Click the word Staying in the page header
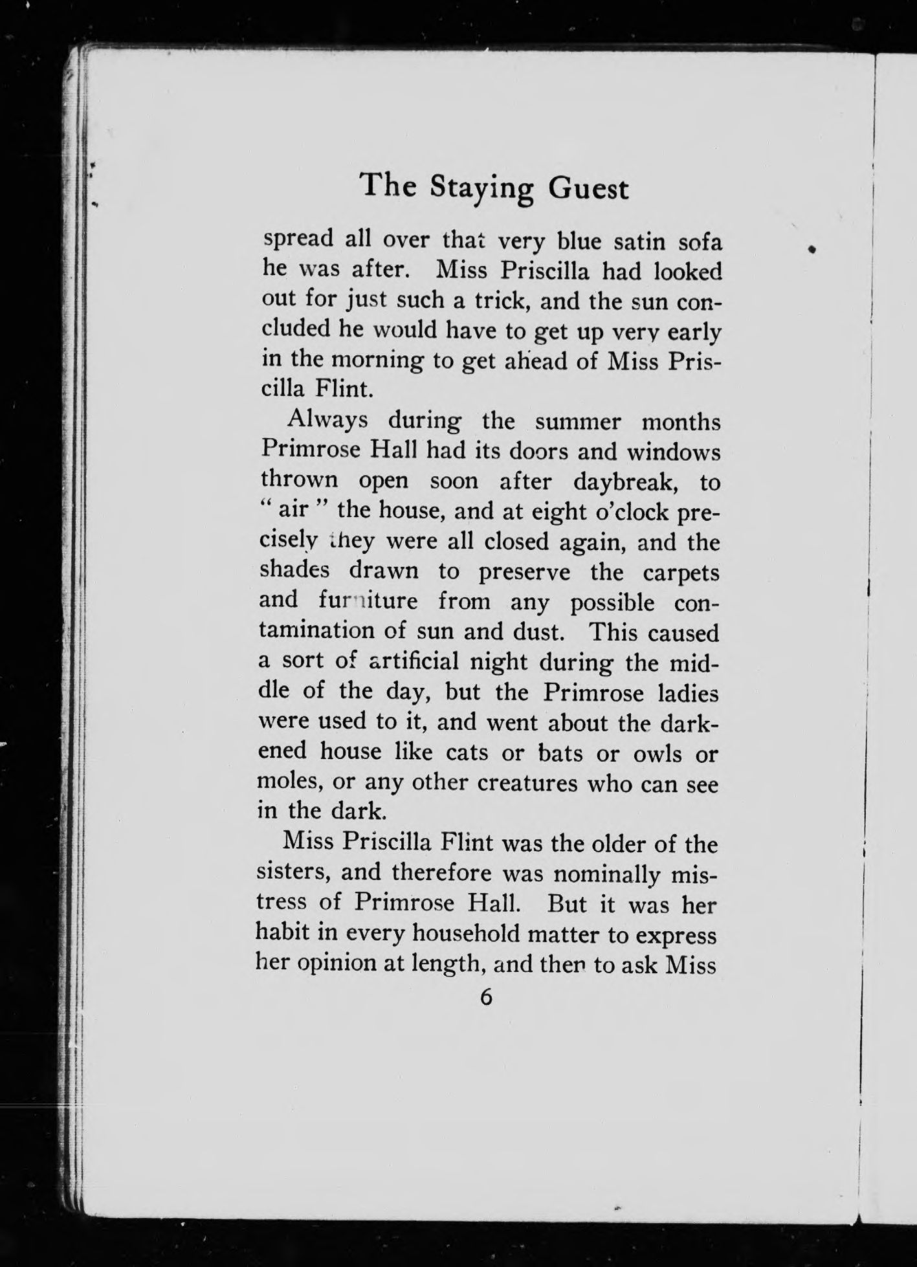483,190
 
